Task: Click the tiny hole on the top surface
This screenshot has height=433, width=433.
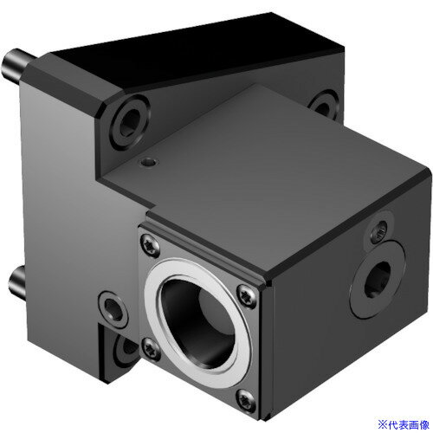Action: (152, 161)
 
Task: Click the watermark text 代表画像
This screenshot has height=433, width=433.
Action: (408, 423)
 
